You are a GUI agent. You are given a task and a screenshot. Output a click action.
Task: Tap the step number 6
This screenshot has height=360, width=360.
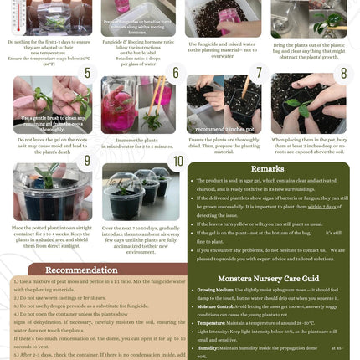click(176, 73)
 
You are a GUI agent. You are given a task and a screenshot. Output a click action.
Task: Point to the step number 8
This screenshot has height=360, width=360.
click(342, 73)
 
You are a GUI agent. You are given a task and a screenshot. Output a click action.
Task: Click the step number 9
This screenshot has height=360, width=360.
click(87, 160)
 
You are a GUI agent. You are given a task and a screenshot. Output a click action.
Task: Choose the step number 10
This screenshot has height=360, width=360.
click(177, 160)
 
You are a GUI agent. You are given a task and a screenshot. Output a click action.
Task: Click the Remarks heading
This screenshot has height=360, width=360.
click(267, 169)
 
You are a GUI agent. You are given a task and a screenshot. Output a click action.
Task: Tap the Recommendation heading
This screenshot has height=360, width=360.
click(80, 270)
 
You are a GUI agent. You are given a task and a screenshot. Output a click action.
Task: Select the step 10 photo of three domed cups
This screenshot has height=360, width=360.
click(137, 193)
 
